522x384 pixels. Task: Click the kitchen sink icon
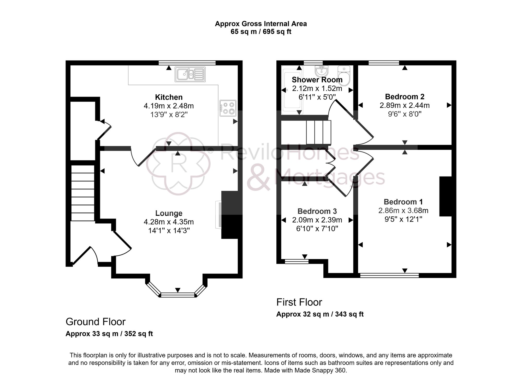[190, 74]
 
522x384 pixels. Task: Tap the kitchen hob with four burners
[228, 108]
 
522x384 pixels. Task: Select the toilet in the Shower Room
[344, 75]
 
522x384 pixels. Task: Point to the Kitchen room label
[169, 97]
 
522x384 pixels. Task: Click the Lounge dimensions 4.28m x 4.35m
[169, 222]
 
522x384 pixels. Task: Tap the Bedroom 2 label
[405, 97]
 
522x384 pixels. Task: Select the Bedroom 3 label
[317, 211]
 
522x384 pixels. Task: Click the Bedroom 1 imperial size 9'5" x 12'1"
[403, 219]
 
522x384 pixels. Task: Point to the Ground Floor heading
[96, 322]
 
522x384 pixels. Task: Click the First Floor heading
[299, 302]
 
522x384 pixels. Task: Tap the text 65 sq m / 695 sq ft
[261, 32]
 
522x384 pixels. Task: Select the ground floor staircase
[83, 193]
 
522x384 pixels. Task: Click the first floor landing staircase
[318, 132]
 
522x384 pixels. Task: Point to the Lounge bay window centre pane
[178, 295]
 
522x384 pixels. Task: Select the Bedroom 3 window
[296, 261]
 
